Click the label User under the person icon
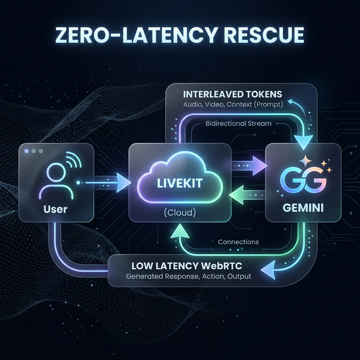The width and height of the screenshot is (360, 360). [55, 210]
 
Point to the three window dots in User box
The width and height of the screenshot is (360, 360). [34, 151]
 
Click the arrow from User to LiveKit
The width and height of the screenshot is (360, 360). [107, 182]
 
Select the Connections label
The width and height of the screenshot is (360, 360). [238, 242]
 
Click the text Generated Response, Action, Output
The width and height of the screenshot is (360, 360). [188, 277]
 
